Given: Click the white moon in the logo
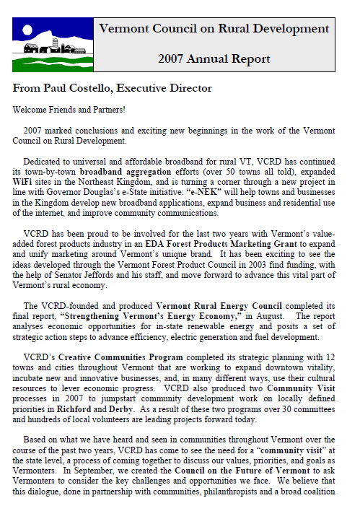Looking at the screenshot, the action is coord(27,31).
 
